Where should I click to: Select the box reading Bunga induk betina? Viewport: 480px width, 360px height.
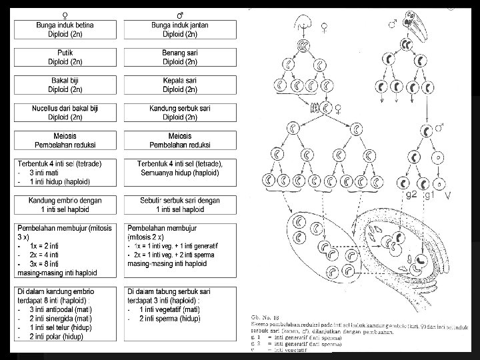65,29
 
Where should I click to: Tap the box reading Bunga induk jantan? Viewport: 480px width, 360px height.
179,29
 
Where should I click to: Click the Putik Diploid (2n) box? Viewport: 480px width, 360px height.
65,57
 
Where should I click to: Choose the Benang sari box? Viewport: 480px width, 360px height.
179,57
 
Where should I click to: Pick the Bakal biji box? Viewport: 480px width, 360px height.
65,85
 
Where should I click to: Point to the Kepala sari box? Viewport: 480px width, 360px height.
179,85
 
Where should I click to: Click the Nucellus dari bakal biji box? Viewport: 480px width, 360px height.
65,113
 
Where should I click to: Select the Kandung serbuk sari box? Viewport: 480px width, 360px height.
179,113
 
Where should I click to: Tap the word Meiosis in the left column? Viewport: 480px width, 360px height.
65,136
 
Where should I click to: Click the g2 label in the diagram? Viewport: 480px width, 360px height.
412,195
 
